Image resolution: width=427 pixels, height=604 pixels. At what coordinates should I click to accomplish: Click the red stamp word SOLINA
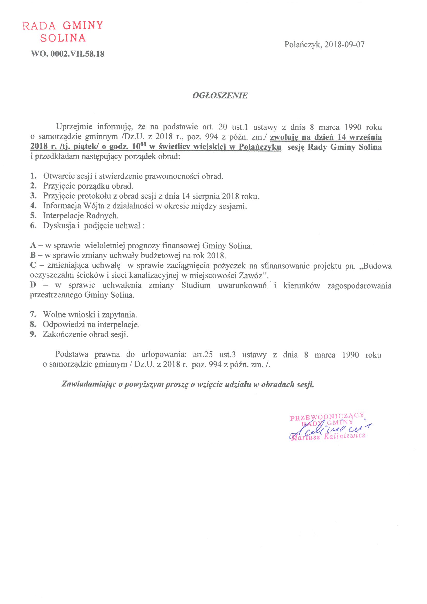[x=63, y=38]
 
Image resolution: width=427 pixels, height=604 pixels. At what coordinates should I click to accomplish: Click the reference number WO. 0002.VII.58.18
[x=68, y=54]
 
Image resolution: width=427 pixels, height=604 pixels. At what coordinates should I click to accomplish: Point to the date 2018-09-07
[x=344, y=45]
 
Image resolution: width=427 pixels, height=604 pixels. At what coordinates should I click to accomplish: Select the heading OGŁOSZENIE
[x=220, y=96]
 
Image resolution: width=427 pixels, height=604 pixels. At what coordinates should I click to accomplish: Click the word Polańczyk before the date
[x=302, y=45]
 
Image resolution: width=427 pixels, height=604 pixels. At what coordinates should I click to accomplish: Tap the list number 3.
[x=33, y=196]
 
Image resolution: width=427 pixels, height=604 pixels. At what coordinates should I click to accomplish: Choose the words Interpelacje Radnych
[x=81, y=216]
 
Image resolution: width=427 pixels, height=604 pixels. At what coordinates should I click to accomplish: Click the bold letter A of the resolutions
[x=33, y=245]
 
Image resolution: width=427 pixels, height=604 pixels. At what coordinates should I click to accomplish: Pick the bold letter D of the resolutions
[x=33, y=285]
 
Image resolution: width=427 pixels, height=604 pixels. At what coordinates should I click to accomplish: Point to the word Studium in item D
[x=196, y=285]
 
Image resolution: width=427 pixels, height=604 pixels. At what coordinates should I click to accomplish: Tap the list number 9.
[x=33, y=334]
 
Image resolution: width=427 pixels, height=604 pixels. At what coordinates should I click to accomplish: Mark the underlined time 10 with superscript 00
[x=139, y=146]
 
